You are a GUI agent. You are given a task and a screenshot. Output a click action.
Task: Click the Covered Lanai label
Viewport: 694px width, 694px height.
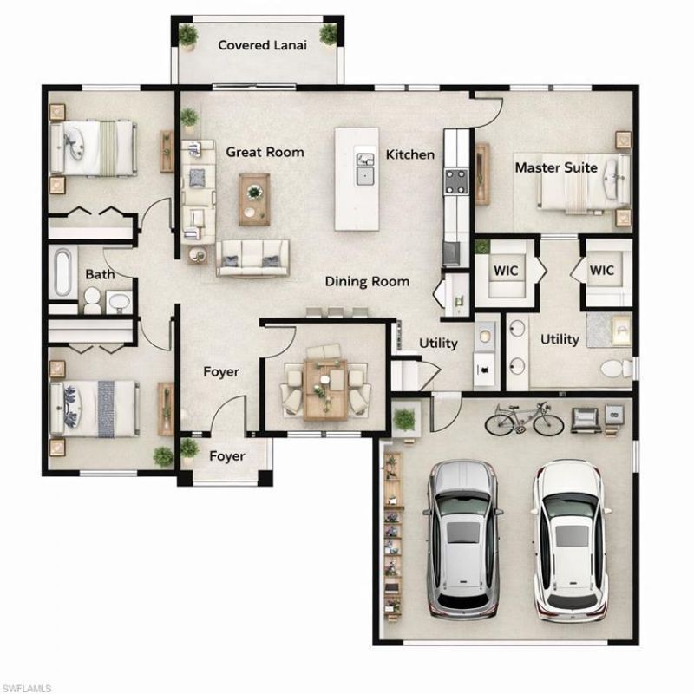tap(261, 45)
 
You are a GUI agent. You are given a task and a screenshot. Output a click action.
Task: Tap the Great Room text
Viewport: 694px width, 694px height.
tap(265, 152)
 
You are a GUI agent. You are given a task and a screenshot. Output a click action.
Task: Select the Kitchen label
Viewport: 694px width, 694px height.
tap(409, 154)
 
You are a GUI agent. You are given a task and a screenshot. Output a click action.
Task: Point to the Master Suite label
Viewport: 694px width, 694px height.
tap(556, 167)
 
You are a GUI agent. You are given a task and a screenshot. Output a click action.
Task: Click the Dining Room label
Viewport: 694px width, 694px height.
tap(367, 281)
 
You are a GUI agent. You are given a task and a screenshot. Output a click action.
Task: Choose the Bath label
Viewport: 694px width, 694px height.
tap(99, 275)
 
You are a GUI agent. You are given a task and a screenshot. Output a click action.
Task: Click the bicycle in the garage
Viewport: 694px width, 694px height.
tap(524, 420)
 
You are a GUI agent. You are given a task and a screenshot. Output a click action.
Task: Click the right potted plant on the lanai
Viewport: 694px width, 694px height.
tap(328, 35)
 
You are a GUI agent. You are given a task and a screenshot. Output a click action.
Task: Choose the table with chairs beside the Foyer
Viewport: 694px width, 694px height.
tap(324, 384)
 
